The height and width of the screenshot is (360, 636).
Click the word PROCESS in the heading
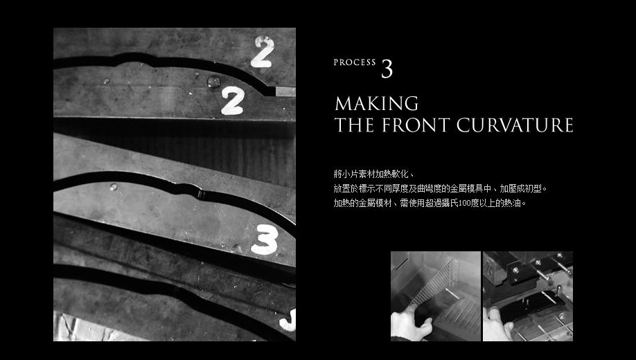[355, 62]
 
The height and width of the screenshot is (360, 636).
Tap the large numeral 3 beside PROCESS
[387, 69]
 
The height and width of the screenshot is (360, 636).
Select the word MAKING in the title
[376, 103]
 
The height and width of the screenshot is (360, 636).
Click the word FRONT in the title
[416, 125]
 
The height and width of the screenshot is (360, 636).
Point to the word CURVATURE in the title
[515, 125]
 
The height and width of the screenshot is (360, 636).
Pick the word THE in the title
[354, 125]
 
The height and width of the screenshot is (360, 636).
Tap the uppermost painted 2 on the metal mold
[263, 51]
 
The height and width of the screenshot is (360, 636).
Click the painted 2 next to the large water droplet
[233, 100]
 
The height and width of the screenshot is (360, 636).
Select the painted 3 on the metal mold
[265, 240]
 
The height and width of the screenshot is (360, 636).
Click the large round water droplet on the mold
[214, 82]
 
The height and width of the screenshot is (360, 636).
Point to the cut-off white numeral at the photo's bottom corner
[288, 321]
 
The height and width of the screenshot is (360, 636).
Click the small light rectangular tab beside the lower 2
[285, 91]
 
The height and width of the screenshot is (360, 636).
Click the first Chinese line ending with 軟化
[373, 174]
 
